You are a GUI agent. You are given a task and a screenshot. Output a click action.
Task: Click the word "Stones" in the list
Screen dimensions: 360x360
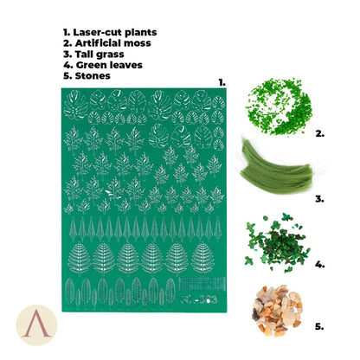pyautogui.click(x=93, y=76)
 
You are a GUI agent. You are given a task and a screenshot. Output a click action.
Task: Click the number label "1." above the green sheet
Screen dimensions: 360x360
pyautogui.click(x=222, y=83)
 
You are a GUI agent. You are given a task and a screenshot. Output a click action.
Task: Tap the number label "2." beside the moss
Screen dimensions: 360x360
pyautogui.click(x=320, y=133)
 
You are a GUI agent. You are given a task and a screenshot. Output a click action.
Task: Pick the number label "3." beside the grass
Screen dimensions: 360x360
pyautogui.click(x=319, y=199)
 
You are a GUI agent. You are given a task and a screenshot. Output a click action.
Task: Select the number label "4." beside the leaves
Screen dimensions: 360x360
pyautogui.click(x=320, y=264)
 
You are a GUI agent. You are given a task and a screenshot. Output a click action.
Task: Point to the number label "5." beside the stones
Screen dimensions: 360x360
pyautogui.click(x=319, y=327)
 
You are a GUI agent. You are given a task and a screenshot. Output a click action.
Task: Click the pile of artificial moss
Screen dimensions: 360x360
pyautogui.click(x=279, y=106)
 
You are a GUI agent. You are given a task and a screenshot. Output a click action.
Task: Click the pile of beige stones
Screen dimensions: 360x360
pyautogui.click(x=277, y=311)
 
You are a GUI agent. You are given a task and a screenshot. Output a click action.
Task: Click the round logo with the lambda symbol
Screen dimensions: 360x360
pyautogui.click(x=36, y=325)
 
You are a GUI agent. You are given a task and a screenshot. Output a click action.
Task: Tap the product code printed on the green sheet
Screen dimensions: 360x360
pyautogui.click(x=199, y=299)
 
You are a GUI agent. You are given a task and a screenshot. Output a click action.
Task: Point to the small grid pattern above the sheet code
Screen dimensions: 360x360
pyautogui.click(x=202, y=285)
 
